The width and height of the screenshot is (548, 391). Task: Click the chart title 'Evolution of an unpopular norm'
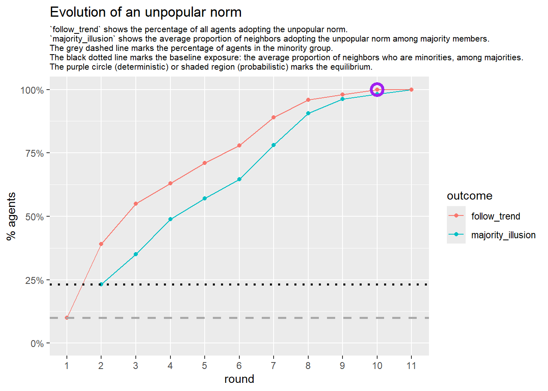(146, 12)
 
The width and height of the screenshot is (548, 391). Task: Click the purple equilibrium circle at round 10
(377, 90)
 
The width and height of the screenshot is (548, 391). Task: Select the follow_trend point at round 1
(67, 318)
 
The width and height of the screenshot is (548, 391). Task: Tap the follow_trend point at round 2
(101, 244)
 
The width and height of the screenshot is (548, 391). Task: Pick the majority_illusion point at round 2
(101, 284)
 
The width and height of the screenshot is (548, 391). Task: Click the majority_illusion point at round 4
(170, 219)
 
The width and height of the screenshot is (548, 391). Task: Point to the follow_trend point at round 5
(205, 163)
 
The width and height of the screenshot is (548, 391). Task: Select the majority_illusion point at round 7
(274, 145)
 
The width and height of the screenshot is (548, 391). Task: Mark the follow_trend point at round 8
(308, 100)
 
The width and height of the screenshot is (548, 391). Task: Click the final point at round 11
(411, 90)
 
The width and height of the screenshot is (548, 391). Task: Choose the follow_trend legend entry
(495, 216)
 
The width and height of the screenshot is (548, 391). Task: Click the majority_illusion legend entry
(503, 235)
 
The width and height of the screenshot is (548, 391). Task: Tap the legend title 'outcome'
(470, 196)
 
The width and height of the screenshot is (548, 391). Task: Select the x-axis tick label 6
(239, 366)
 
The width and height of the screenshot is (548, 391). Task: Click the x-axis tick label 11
(411, 366)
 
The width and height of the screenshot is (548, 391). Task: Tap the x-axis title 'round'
(239, 379)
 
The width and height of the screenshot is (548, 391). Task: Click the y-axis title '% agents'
(11, 216)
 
